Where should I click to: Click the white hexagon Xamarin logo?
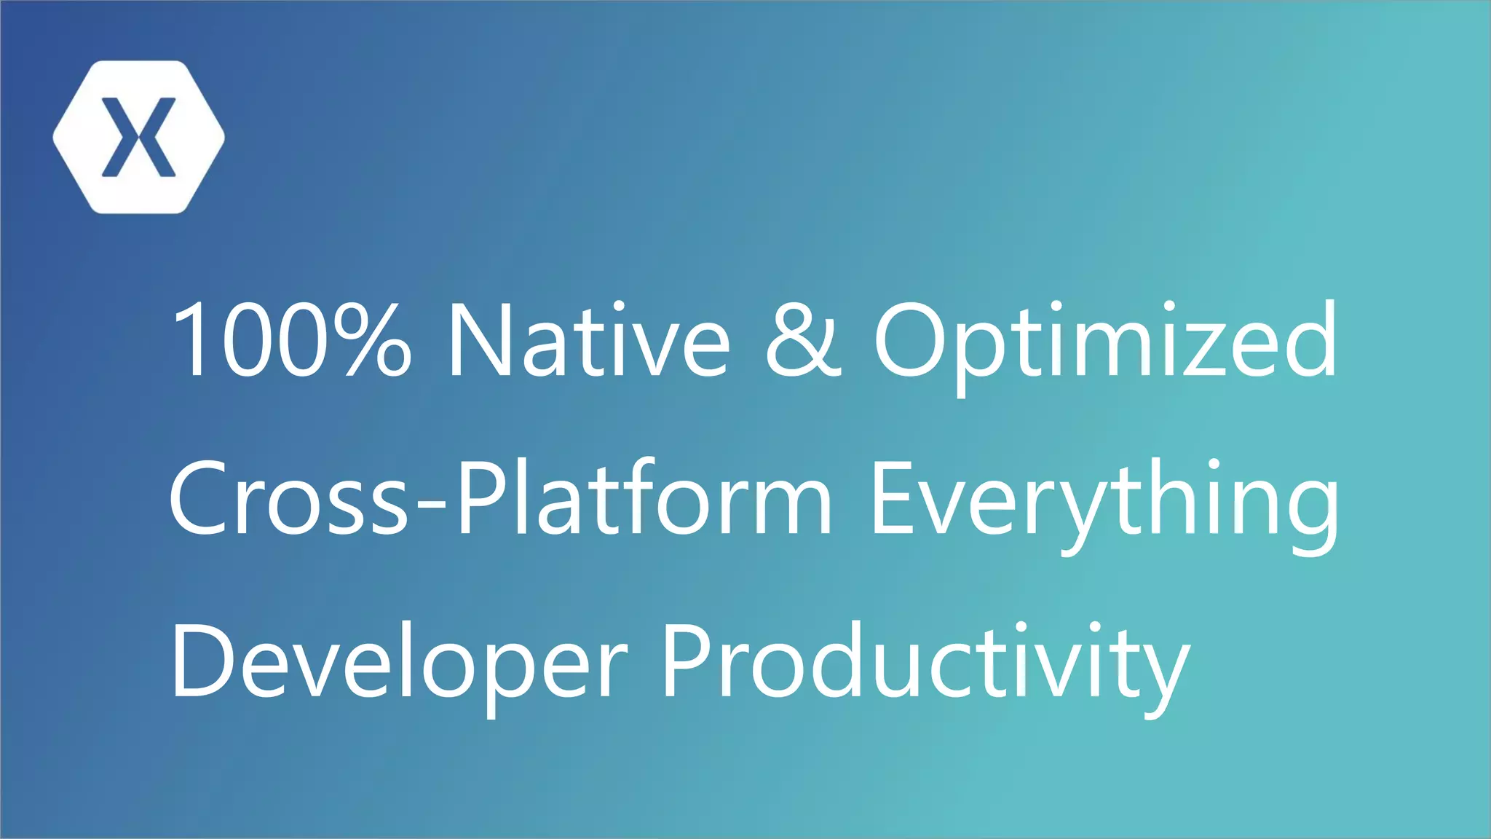[138, 137]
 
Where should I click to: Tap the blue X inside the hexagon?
[138, 137]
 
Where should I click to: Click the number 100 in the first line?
[248, 340]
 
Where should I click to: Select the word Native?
[588, 340]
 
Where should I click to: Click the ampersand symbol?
[803, 340]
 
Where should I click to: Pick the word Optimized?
[1105, 340]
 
